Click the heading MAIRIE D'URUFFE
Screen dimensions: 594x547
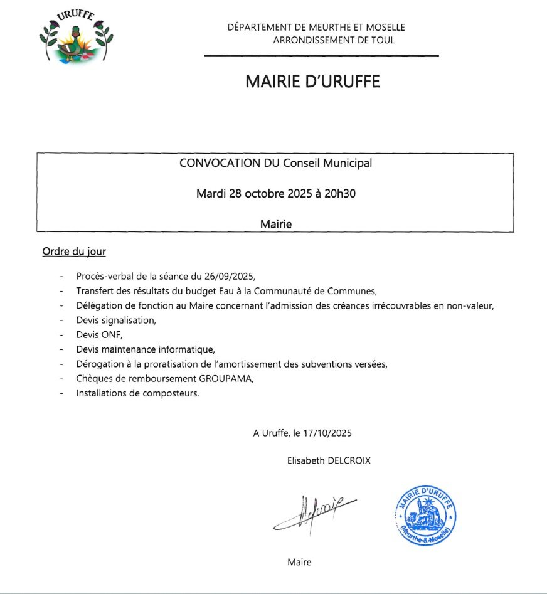tap(312, 82)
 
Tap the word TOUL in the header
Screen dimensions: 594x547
tap(383, 40)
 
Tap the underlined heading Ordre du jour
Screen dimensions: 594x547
tap(74, 252)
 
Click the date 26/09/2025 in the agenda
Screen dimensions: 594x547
tap(230, 276)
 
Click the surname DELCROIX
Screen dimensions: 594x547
tap(348, 460)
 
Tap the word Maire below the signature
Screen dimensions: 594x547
tap(299, 562)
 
